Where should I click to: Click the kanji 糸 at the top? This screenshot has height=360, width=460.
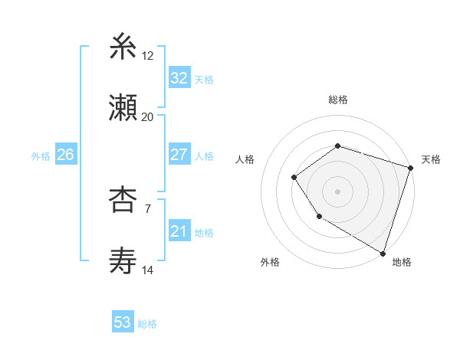123,47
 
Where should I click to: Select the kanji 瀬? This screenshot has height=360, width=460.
123,107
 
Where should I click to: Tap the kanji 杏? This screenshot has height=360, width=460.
123,201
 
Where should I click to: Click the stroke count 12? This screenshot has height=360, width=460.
148,56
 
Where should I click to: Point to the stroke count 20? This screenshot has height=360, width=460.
148,116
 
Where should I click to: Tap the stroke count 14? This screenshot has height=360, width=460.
148,270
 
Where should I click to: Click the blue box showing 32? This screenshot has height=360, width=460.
179,78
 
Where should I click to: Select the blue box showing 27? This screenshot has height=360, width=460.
179,155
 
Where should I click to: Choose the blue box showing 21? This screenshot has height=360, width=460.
179,231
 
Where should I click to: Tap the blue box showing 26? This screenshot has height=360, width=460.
65,155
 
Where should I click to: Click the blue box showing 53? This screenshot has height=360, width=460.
123,322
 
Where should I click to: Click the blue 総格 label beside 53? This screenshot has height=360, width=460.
147,324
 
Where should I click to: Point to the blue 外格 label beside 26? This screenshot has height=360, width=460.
41,155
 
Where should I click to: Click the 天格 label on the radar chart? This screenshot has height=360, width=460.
431,159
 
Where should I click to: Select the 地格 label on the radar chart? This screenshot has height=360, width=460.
402,262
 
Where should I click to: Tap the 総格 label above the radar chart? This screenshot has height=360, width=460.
338,100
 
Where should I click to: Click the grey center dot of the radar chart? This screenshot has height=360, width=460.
337,191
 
